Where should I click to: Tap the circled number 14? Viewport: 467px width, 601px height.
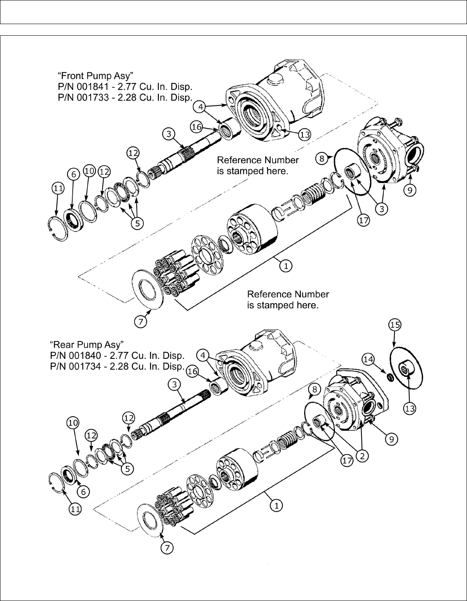[x=368, y=360]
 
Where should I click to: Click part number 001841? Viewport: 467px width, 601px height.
[x=93, y=87]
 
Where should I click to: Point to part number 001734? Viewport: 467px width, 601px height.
[x=85, y=366]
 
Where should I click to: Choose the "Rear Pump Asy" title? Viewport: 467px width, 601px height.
[x=87, y=345]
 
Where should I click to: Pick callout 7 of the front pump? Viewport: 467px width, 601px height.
[x=140, y=321]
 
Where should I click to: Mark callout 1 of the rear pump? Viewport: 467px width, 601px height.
[x=276, y=506]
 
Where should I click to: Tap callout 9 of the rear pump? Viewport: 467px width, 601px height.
[x=391, y=439]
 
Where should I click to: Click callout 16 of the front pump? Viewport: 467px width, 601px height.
[x=197, y=127]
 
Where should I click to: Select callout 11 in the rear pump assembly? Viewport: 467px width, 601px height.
[x=75, y=509]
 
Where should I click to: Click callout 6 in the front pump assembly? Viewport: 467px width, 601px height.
[x=74, y=174]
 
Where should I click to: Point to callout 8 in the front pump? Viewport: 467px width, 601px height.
[x=322, y=159]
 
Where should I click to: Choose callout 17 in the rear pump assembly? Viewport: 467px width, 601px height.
[x=347, y=461]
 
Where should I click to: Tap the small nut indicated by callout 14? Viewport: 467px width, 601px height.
[x=390, y=377]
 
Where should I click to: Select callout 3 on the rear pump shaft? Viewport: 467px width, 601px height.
[x=175, y=385]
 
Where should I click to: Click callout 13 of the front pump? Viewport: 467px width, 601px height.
[x=305, y=135]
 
